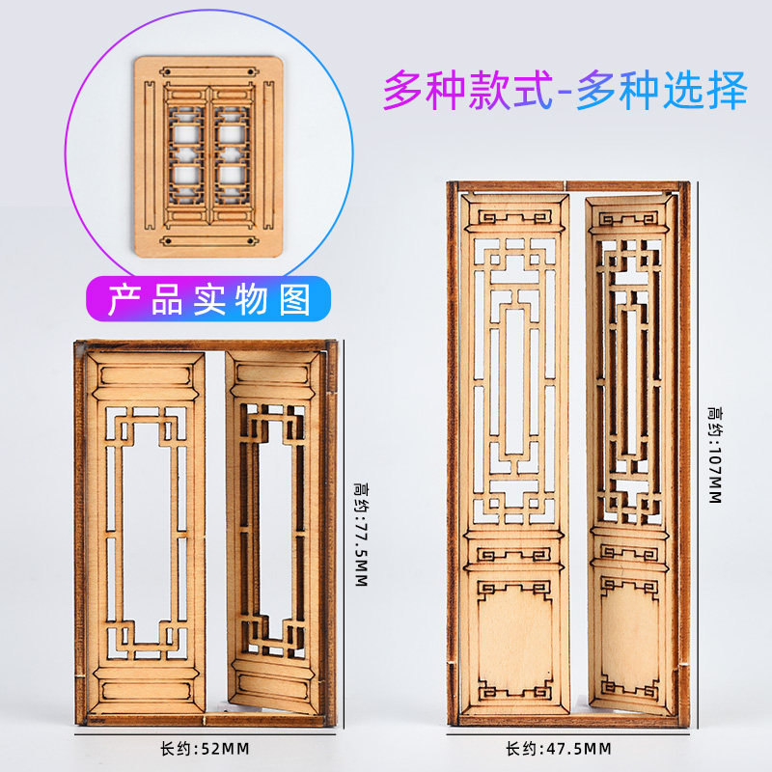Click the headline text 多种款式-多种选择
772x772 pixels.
click(x=565, y=92)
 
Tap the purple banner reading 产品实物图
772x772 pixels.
click(x=208, y=300)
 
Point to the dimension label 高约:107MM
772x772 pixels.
click(x=715, y=454)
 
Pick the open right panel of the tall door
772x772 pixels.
click(x=627, y=454)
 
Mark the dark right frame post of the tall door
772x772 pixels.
click(x=683, y=454)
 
